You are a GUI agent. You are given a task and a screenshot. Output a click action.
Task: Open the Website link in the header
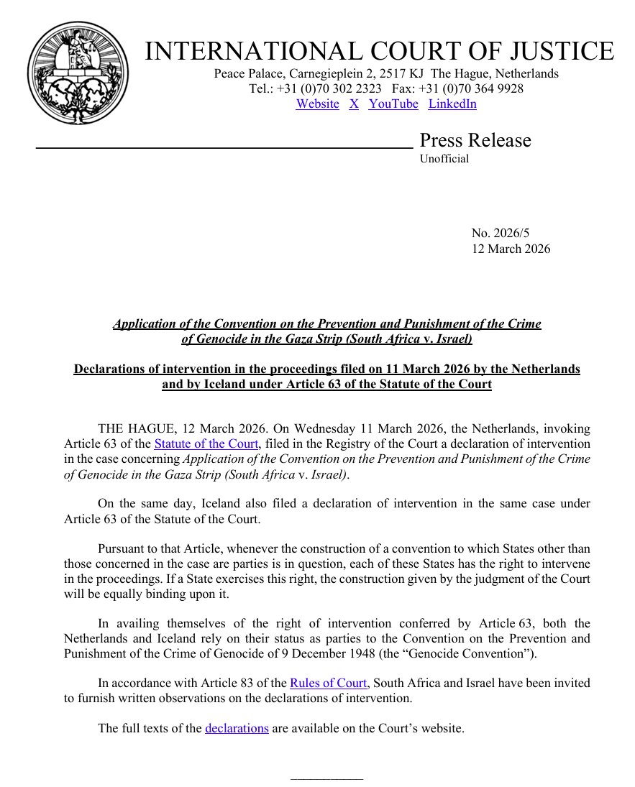click(x=317, y=103)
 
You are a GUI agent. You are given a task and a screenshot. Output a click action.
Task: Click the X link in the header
click(x=354, y=103)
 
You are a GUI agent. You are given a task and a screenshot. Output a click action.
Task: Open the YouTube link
click(x=393, y=103)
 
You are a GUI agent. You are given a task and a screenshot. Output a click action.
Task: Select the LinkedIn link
click(x=452, y=103)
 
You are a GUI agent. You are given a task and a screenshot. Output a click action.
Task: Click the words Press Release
click(x=475, y=140)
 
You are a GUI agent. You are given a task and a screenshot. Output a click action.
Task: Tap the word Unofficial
click(x=444, y=159)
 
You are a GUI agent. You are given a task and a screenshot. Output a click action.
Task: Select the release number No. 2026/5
click(x=501, y=233)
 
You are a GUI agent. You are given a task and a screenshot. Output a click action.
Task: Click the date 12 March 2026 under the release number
click(x=511, y=249)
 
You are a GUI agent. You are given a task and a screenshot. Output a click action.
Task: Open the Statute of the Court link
click(x=206, y=443)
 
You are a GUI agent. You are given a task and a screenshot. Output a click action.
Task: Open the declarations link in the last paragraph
click(x=237, y=728)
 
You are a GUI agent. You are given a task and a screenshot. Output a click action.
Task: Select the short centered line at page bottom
click(x=327, y=778)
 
